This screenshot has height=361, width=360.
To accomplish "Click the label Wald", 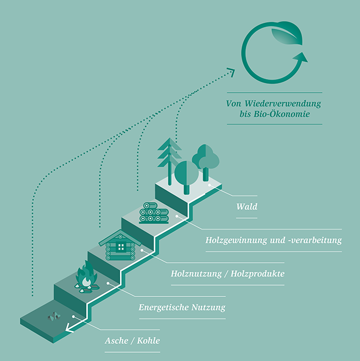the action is [247, 206].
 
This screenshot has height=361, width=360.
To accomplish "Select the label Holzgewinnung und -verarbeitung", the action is [273, 240].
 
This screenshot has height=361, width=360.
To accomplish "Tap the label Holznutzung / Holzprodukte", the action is [228, 274].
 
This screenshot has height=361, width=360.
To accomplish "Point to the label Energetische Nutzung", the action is [182, 307].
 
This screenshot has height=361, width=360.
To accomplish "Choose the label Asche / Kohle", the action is [132, 341].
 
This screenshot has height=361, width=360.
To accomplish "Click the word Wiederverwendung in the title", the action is [282, 104].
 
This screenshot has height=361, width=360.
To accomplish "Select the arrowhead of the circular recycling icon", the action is [301, 57].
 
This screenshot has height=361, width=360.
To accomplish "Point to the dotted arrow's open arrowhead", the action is [232, 72].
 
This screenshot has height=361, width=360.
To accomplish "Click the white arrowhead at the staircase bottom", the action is [69, 328].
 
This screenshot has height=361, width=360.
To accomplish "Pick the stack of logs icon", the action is [154, 213].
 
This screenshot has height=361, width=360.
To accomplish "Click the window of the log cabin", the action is [121, 247].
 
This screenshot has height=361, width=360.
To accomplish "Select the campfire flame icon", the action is [87, 277].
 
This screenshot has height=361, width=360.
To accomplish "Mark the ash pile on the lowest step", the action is [54, 316].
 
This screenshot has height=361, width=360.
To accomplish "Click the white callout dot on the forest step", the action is [209, 185].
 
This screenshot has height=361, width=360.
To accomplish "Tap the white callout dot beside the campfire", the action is [108, 283].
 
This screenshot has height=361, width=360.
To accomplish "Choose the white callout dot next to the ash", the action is [73, 317].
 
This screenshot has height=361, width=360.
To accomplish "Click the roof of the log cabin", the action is [120, 237].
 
